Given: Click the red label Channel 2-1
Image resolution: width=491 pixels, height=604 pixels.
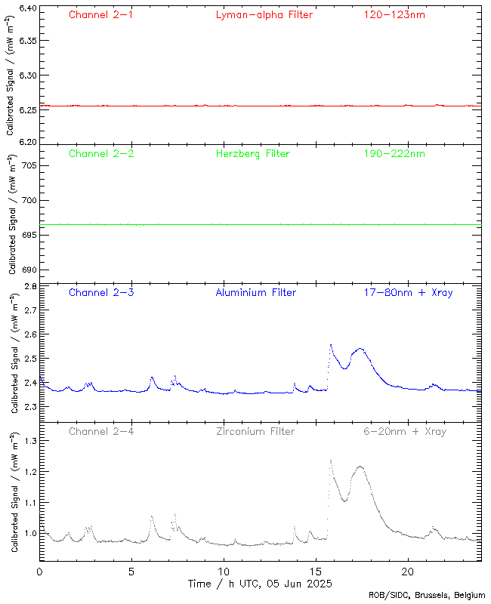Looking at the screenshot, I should click(x=101, y=15).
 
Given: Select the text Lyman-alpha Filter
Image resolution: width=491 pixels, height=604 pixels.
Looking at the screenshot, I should click(x=264, y=15).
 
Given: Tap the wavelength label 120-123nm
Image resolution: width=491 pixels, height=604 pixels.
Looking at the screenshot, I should click(x=394, y=15).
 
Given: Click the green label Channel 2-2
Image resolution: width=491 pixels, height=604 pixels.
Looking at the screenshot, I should click(x=101, y=154).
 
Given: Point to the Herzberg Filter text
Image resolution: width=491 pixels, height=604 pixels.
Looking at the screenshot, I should click(x=253, y=154).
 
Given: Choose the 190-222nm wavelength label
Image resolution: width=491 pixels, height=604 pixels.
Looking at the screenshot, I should click(x=394, y=154).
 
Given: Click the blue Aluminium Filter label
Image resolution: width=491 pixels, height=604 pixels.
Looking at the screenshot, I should click(x=256, y=293).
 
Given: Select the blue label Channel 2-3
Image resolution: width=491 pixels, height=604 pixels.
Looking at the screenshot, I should click(x=101, y=293).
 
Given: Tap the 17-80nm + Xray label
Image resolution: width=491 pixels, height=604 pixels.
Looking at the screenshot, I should click(x=408, y=293).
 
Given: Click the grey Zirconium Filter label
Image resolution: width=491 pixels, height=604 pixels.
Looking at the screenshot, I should click(x=255, y=432).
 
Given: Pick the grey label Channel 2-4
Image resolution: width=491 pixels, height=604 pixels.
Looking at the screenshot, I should click(x=101, y=432).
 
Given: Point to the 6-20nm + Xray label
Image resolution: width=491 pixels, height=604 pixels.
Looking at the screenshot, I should click(x=404, y=432).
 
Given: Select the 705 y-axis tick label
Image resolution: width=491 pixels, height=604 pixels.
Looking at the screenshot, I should click(x=28, y=165).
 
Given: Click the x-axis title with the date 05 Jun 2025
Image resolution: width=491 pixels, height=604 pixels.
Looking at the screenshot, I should click(x=260, y=584).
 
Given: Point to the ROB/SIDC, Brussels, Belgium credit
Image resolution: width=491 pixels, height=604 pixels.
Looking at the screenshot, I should click(x=427, y=595).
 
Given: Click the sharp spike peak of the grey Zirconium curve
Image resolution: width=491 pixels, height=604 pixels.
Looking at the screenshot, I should click(x=330, y=459).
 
